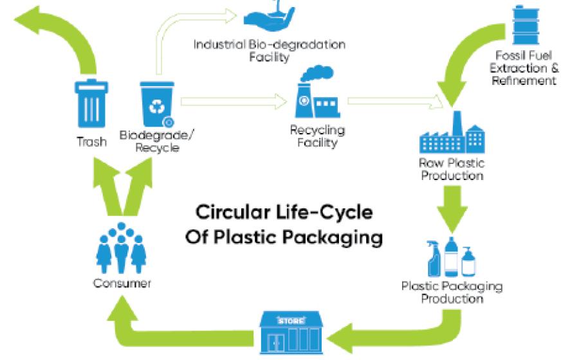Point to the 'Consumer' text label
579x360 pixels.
click(122, 283)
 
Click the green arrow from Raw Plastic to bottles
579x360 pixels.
click(452, 206)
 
